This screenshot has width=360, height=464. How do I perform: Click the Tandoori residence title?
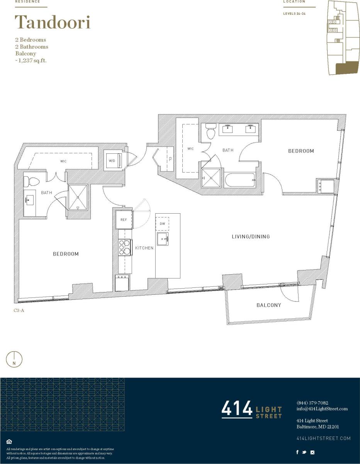tap(53, 22)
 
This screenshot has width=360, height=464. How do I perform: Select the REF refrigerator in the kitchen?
tap(124, 220)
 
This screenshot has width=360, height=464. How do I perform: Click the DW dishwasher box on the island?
tap(162, 223)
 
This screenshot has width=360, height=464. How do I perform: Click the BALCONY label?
tap(268, 305)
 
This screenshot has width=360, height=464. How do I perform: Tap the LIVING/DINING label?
tap(250, 236)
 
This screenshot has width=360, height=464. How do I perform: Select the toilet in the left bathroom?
tap(30, 181)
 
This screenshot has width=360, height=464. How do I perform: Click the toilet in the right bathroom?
tap(211, 132)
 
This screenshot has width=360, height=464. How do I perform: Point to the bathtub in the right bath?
tap(240, 180)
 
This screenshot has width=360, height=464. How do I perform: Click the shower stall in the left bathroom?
tap(78, 197)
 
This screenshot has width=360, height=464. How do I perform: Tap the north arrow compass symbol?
tap(14, 359)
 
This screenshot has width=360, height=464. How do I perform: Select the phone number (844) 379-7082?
tap(312, 403)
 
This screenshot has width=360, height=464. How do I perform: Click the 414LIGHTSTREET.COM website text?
tap(323, 438)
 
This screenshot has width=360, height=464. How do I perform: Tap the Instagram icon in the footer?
tap(312, 452)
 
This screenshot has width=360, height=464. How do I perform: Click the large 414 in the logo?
tap(236, 409)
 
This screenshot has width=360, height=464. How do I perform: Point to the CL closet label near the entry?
tap(170, 158)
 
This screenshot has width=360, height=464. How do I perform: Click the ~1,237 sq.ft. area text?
tap(31, 60)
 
